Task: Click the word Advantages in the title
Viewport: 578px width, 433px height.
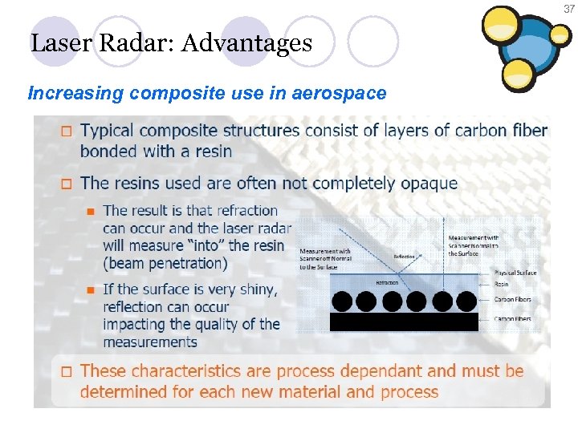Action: coord(246,42)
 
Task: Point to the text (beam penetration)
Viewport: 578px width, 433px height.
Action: coord(165,263)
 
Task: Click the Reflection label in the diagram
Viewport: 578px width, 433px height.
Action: coord(405,257)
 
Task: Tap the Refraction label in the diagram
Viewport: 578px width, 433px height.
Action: coord(387,283)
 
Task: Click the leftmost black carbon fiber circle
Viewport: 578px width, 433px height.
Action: coord(342,301)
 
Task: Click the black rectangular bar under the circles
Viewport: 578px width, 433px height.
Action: coord(404,322)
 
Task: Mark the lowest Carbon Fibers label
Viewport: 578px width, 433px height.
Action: coord(513,319)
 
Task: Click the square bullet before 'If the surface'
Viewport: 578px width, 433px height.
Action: coord(91,289)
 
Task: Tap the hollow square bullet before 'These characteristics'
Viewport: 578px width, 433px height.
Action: coord(67,371)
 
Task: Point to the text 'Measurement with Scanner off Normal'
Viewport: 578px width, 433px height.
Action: coord(324,259)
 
